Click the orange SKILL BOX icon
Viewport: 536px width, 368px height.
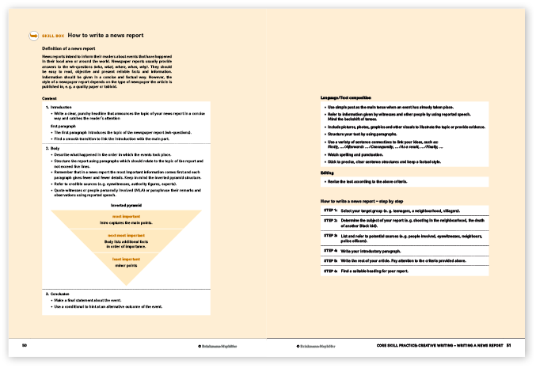click(x=32, y=36)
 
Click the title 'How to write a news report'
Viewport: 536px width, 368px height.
click(x=105, y=36)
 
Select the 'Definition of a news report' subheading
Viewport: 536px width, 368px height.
click(x=74, y=50)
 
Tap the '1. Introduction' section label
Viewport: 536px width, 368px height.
click(x=59, y=106)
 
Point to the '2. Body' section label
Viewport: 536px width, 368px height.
click(x=53, y=148)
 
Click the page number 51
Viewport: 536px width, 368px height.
click(x=510, y=345)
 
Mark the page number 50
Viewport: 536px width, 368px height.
click(x=25, y=345)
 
